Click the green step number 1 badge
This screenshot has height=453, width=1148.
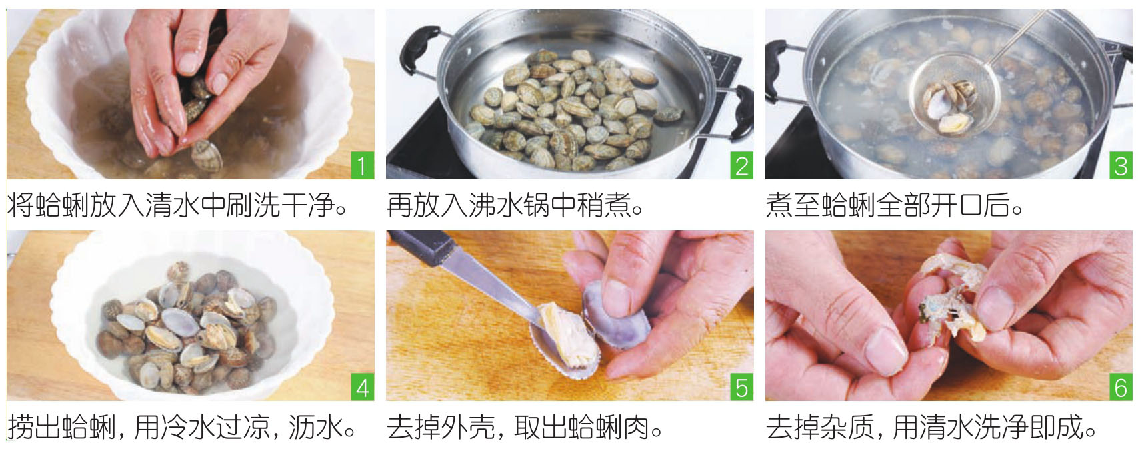[363, 165]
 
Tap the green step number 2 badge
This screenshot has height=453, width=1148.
[742, 165]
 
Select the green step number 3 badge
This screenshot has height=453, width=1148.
[1121, 165]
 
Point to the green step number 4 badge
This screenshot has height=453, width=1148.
[363, 387]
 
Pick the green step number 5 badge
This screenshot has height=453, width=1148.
[742, 387]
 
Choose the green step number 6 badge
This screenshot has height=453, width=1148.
[1121, 387]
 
